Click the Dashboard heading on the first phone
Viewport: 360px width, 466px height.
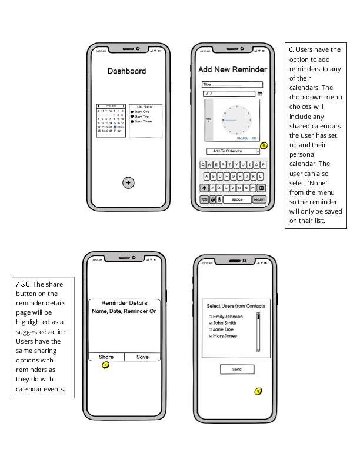pyautogui.click(x=126, y=71)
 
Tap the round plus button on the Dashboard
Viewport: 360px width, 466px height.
pyautogui.click(x=128, y=183)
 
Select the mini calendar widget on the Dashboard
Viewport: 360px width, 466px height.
pyautogui.click(x=111, y=121)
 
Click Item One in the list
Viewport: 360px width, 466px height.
pyautogui.click(x=142, y=112)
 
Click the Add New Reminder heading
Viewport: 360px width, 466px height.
pyautogui.click(x=232, y=69)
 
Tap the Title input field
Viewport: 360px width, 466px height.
pyautogui.click(x=232, y=85)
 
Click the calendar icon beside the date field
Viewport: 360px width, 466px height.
pyautogui.click(x=260, y=94)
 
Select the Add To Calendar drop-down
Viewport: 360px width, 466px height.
pyautogui.click(x=232, y=151)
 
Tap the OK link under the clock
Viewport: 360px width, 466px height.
pyautogui.click(x=254, y=138)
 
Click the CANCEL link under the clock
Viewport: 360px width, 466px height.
pyautogui.click(x=242, y=138)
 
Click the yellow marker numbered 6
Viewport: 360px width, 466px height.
pyautogui.click(x=264, y=145)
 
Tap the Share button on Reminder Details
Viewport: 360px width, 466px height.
pyautogui.click(x=106, y=357)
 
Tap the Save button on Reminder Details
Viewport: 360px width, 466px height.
pyautogui.click(x=142, y=357)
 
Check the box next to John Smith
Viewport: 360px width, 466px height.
pyautogui.click(x=210, y=323)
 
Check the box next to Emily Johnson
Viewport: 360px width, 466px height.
pyautogui.click(x=210, y=317)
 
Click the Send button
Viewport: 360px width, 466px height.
pyautogui.click(x=237, y=369)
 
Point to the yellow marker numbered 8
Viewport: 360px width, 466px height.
pyautogui.click(x=258, y=391)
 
